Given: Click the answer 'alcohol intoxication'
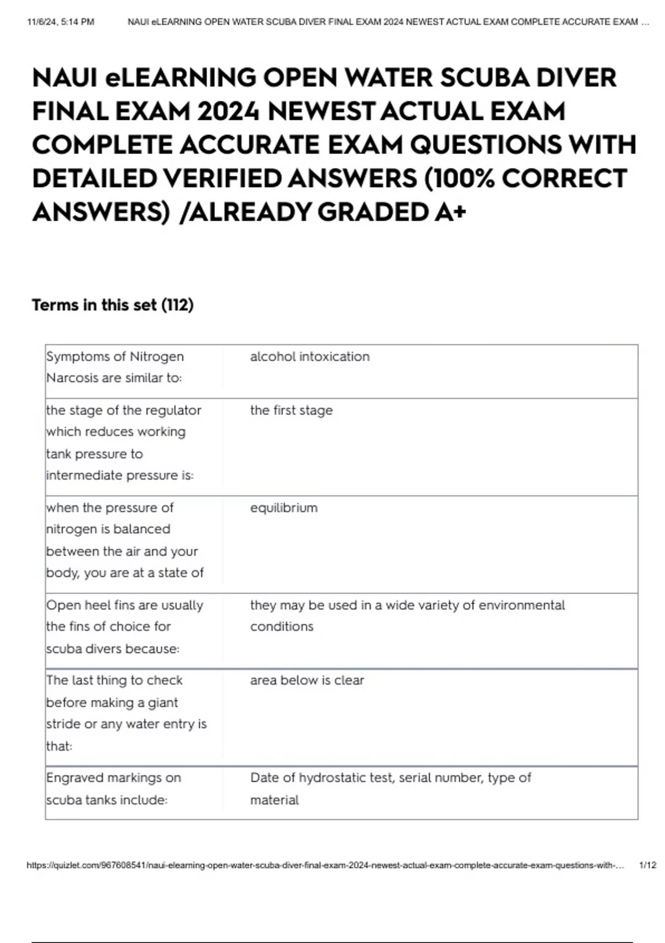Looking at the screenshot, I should tap(310, 357).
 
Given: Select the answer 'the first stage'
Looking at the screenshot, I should tap(291, 410).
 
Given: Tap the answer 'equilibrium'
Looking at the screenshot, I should tap(284, 508).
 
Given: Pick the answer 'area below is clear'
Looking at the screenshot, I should tap(307, 681).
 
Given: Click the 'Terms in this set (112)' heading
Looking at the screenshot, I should tap(112, 305).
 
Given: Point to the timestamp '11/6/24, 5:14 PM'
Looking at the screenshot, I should tap(60, 22).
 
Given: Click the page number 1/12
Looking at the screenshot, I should tap(647, 865).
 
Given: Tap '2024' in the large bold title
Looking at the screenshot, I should tap(228, 111).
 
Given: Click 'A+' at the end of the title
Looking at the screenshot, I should tap(450, 212).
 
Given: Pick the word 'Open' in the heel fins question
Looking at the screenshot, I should tap(63, 605).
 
